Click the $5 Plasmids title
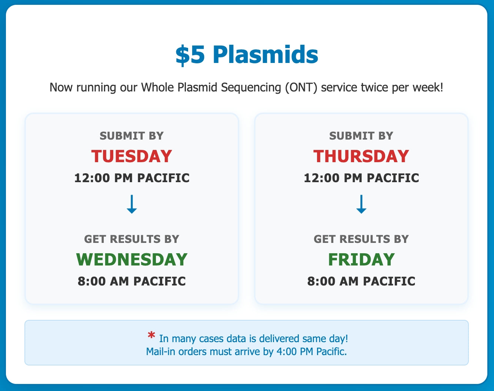247,55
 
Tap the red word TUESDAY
131,156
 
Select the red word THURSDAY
361,156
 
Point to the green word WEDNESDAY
132,260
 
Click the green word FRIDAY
361,260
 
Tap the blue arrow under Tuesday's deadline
132,204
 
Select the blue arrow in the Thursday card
361,204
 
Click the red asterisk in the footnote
151,335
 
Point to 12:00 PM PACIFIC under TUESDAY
132,178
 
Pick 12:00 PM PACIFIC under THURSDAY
361,178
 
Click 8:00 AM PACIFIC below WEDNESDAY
132,281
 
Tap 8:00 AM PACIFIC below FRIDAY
361,281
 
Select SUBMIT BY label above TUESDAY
131,136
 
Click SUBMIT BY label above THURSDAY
361,136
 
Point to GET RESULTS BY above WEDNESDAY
131,239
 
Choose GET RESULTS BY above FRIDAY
361,239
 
